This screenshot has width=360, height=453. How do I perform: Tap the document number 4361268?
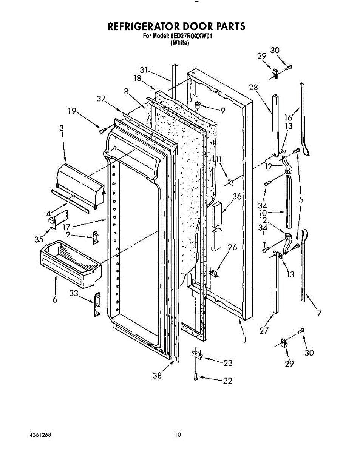pos(40,435)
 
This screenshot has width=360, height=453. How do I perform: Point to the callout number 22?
pos(227,381)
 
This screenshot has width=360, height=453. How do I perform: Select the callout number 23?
pos(228,363)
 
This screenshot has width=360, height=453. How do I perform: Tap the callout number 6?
pos(55,299)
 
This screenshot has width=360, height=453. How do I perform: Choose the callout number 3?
pos(62,128)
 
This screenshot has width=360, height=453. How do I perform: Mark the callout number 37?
pos(101,99)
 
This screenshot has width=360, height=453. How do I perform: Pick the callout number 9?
pos(223,111)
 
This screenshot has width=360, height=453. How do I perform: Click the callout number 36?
pos(237,196)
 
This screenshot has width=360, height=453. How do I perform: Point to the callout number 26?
pos(233,248)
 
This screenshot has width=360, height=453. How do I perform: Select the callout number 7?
pos(319,313)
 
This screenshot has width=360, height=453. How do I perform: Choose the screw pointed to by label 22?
pos(196,376)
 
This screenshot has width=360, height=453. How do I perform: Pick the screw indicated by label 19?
pos(101,131)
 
